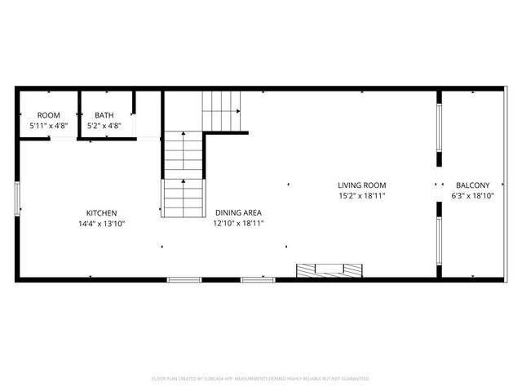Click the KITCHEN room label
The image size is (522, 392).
pyautogui.click(x=102, y=212)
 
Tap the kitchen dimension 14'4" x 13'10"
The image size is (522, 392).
pyautogui.click(x=102, y=223)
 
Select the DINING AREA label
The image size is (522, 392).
pyautogui.click(x=237, y=212)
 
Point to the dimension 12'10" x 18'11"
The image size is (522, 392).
pyautogui.click(x=237, y=223)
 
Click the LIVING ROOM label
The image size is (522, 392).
pyautogui.click(x=362, y=185)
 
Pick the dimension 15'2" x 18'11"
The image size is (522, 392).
pyautogui.click(x=362, y=196)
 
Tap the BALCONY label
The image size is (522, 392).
pyautogui.click(x=473, y=185)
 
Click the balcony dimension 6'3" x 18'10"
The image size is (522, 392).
pyautogui.click(x=473, y=196)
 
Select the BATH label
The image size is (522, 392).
pyautogui.click(x=104, y=115)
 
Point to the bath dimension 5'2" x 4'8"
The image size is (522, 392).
pyautogui.click(x=104, y=126)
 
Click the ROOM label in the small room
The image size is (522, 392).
pyautogui.click(x=49, y=115)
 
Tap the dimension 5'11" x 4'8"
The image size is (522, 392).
pyautogui.click(x=49, y=126)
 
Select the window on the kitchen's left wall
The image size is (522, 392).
pyautogui.click(x=17, y=199)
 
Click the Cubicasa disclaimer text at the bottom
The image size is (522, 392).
pyautogui.click(x=261, y=379)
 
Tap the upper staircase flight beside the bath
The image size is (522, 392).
pyautogui.click(x=223, y=109)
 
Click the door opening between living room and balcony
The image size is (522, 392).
pyautogui.click(x=439, y=184)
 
